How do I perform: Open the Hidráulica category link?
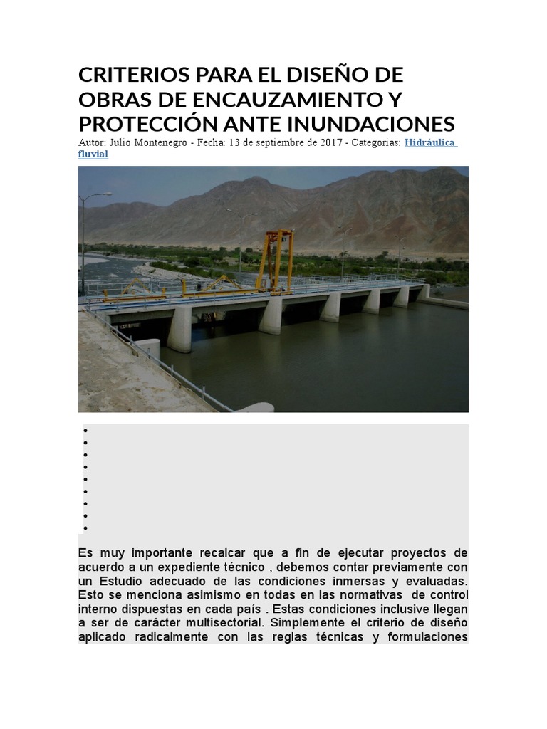click(430, 142)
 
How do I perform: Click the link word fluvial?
click(93, 154)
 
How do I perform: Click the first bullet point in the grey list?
click(85, 431)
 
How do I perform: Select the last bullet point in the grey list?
click(85, 528)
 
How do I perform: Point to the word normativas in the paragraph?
click(377, 593)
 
